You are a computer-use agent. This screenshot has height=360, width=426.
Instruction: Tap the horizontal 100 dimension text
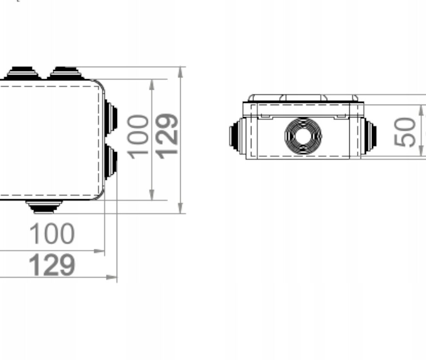pos(52,234)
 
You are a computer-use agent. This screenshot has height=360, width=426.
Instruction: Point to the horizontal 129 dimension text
pos(52,265)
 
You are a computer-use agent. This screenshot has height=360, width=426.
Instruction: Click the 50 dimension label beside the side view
pos(405,132)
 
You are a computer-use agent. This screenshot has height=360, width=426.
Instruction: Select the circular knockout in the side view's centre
pos(303,136)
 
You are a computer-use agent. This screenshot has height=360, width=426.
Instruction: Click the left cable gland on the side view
pos(236,136)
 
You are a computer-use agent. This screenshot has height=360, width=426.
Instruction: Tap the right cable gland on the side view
pos(369,136)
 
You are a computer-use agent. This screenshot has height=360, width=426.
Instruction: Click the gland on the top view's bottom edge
pos(44,206)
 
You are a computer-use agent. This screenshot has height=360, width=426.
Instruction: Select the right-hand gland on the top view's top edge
pos(65,73)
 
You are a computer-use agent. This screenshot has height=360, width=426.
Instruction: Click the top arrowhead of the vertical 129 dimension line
pos(181,71)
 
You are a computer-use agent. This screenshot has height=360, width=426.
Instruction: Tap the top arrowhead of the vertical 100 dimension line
pos(152,84)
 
